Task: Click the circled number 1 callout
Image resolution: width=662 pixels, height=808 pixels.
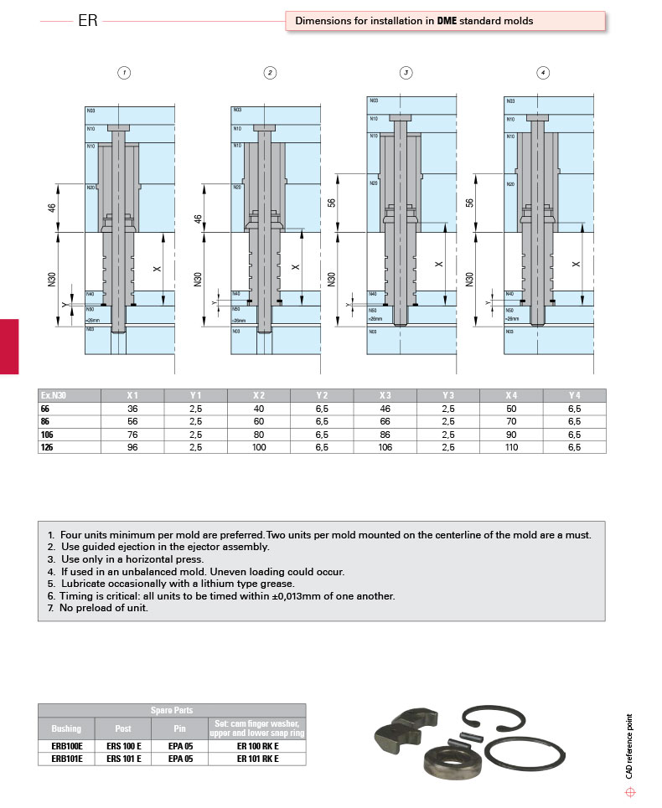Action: tap(124, 73)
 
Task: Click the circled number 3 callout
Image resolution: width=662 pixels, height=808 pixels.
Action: tap(406, 73)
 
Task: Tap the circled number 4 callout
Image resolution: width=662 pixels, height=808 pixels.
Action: tap(544, 73)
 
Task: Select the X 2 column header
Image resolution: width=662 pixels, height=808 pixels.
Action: tap(260, 395)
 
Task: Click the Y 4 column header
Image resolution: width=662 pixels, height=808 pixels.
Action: tap(574, 395)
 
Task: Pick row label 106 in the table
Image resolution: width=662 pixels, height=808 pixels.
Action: tap(46, 435)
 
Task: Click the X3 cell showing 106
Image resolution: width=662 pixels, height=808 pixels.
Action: tap(385, 447)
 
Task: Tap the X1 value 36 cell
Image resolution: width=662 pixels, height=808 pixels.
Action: tap(132, 409)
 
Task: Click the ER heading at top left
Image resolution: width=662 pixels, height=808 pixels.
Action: tap(88, 21)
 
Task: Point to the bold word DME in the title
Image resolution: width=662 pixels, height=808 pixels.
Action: tap(447, 21)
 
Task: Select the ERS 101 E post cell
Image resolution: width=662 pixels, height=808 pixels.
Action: tap(123, 759)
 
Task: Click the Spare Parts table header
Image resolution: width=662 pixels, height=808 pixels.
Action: tap(172, 710)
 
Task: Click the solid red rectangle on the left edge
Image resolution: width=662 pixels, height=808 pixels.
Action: tap(8, 346)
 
